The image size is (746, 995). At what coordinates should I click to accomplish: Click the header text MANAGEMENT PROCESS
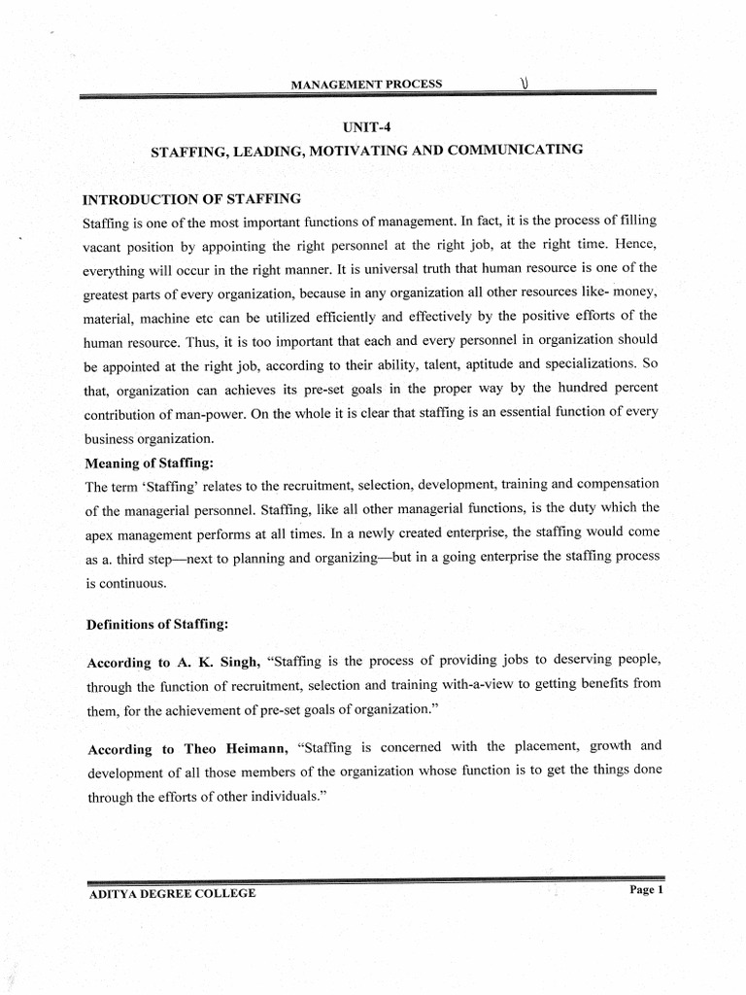click(367, 84)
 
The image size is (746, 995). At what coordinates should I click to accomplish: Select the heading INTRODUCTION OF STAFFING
click(191, 199)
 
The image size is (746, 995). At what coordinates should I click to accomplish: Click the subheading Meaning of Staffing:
click(149, 463)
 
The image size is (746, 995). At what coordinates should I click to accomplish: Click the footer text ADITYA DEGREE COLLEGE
click(172, 893)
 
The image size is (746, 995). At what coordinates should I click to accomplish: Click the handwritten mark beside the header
click(525, 83)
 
